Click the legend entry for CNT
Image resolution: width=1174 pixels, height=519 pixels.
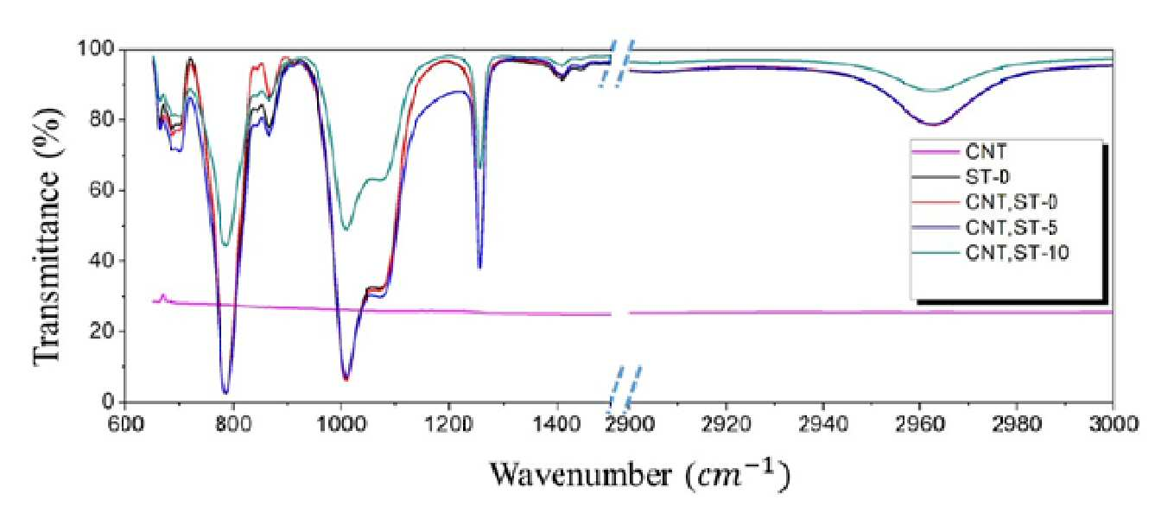(986, 152)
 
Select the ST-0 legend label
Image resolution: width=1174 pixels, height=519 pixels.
(987, 177)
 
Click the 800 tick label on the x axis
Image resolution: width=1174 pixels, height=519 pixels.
(233, 423)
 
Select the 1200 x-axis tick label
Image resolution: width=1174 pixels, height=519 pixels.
(449, 423)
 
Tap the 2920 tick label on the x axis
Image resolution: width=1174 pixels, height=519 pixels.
(726, 423)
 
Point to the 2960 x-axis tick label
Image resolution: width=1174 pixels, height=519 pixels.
(919, 423)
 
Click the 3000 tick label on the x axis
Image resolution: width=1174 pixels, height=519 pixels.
(1113, 423)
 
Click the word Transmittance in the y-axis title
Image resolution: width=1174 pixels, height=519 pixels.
(48, 262)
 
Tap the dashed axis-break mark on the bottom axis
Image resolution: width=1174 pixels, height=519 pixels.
(625, 389)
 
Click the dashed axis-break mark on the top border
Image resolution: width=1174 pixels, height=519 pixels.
(618, 63)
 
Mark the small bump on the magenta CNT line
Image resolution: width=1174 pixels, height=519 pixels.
(162, 297)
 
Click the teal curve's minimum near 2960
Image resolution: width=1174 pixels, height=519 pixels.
(933, 92)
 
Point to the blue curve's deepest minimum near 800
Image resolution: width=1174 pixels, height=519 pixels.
(225, 393)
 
